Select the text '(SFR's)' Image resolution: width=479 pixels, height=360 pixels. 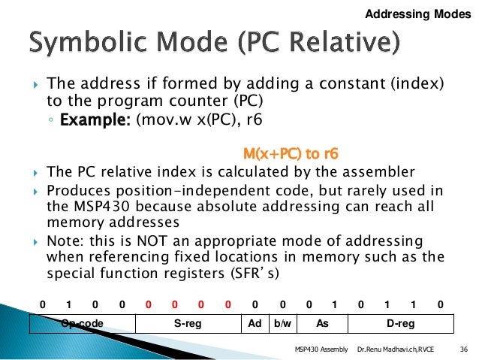click(252, 274)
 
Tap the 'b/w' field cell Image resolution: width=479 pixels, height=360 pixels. click(282, 324)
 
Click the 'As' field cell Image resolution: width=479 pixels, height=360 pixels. click(323, 324)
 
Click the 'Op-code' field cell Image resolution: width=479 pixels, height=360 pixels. click(83, 324)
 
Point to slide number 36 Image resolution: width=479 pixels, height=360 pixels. click(462, 350)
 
